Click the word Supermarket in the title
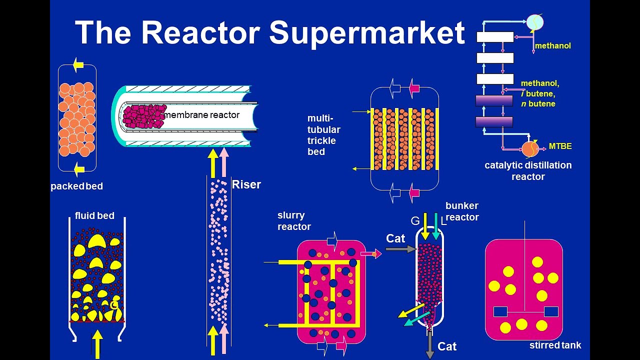click(367, 33)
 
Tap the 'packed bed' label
click(76, 186)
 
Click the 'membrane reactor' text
click(202, 115)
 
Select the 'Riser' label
click(246, 184)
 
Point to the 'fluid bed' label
click(94, 216)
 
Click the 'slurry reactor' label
click(294, 221)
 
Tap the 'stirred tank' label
click(555, 345)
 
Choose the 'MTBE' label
click(560, 146)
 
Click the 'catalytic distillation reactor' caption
click(528, 171)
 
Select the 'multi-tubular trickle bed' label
click(323, 135)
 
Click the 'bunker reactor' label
click(462, 211)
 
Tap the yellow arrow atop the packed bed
click(78, 64)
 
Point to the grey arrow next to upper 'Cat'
click(400, 248)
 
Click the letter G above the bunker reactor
click(415, 220)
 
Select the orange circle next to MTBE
click(530, 148)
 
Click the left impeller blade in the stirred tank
click(500, 311)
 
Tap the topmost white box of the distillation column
click(494, 37)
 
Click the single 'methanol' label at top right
click(552, 46)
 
